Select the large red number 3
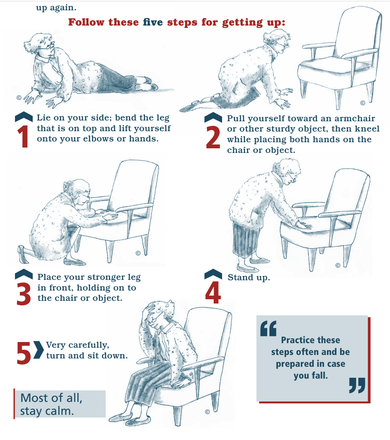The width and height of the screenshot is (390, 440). (x=24, y=294)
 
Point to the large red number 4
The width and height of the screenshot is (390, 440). (x=213, y=292)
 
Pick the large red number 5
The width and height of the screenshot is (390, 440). (x=24, y=353)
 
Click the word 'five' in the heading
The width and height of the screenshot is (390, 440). (x=153, y=22)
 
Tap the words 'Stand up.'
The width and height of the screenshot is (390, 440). (x=249, y=278)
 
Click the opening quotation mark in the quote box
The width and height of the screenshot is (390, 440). (x=268, y=328)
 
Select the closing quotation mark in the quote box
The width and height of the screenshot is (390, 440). (x=357, y=385)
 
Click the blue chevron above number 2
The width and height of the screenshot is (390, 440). (x=213, y=117)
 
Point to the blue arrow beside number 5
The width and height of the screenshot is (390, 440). (x=39, y=350)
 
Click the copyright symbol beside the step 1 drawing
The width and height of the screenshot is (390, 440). (x=19, y=98)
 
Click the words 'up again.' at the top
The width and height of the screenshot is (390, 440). (x=56, y=8)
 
